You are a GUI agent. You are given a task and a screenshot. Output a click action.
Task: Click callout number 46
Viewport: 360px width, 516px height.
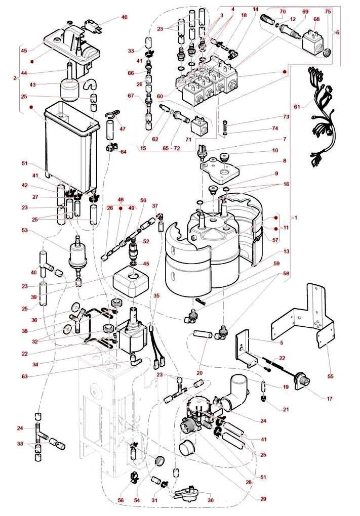125,18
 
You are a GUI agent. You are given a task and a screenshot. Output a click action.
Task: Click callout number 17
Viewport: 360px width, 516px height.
330,399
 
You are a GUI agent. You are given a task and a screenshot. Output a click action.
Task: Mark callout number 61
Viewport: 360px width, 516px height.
297,106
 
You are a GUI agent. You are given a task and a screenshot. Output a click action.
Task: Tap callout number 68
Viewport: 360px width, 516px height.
317,19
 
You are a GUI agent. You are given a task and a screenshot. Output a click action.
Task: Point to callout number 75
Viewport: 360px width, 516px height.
328,11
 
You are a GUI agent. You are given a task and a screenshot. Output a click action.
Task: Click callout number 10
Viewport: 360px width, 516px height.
290,150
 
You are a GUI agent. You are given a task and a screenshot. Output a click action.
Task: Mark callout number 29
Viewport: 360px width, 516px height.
263,498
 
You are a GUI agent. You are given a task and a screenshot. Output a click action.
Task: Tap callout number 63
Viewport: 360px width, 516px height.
38,376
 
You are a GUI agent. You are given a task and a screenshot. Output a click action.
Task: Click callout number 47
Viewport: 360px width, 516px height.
123,129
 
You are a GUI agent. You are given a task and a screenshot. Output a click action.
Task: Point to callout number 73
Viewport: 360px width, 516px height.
286,116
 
